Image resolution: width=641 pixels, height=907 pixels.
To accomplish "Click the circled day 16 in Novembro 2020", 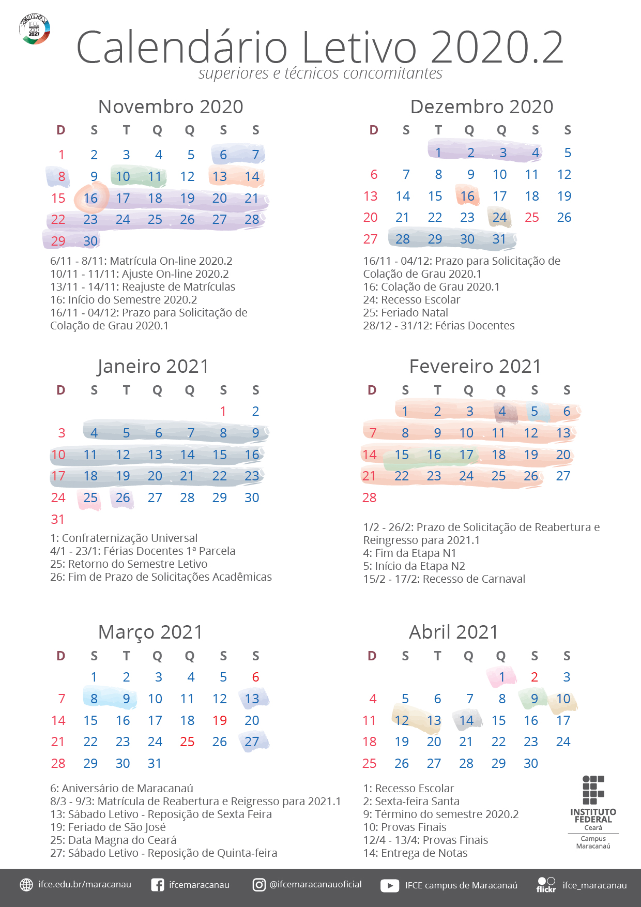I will tap(90, 198).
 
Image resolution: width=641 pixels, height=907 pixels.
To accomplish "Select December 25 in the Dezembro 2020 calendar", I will tap(531, 218).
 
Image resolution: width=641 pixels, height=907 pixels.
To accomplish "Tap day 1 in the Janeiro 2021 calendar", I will tap(223, 412).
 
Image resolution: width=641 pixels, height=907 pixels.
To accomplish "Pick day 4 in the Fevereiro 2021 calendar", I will tap(502, 412).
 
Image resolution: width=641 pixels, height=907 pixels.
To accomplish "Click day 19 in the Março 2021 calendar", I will tap(220, 720).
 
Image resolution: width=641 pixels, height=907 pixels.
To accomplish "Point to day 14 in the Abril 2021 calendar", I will tap(466, 720).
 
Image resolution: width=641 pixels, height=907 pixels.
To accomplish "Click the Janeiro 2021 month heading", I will tap(153, 366).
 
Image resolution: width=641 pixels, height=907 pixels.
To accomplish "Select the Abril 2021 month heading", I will tap(453, 632).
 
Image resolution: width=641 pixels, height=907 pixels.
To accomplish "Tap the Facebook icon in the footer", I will tap(157, 885).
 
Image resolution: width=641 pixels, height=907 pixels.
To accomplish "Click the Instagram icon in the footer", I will tap(259, 885).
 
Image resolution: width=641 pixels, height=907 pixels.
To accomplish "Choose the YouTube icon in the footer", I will tap(390, 885).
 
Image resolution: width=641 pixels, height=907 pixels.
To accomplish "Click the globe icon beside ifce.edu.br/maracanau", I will tap(26, 885).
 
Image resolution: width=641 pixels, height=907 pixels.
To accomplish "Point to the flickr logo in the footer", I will tap(546, 885).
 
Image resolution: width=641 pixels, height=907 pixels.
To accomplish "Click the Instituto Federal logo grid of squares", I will tap(593, 790).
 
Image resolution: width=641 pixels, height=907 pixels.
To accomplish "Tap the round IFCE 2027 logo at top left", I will tap(35, 29).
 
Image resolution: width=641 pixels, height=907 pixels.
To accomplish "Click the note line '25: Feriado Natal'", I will tap(405, 313).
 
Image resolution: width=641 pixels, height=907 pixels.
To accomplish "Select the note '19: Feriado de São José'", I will tap(108, 827).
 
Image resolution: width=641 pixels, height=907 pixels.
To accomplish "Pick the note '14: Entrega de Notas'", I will tap(415, 853).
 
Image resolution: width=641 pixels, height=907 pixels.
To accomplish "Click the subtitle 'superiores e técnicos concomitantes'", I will tap(320, 73).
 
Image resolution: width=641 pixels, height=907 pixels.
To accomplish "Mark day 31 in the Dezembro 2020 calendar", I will tap(499, 239).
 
